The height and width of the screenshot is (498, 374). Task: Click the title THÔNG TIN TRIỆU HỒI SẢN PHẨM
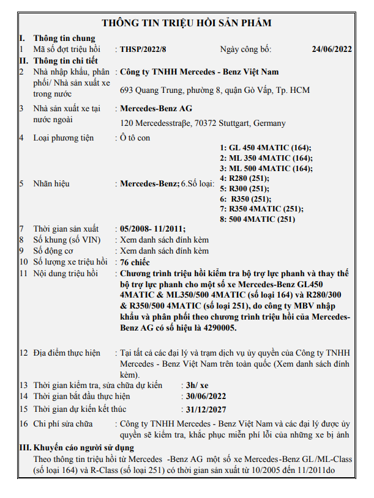point(186,23)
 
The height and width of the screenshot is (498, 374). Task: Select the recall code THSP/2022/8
point(143,49)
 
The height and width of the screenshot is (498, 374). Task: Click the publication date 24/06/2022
point(332,49)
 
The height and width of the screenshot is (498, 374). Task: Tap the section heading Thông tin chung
point(64,38)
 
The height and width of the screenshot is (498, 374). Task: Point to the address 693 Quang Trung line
point(215,90)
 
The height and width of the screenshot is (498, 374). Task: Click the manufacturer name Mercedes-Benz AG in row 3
point(156,109)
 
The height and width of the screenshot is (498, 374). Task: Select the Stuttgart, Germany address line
point(203,123)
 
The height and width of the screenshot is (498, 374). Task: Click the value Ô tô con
point(135,138)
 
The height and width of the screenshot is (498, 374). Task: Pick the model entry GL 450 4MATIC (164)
point(266,148)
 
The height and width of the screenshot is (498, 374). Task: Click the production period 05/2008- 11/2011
point(152,229)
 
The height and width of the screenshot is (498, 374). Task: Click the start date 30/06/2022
point(207,396)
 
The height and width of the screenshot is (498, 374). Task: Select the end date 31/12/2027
point(207,409)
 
